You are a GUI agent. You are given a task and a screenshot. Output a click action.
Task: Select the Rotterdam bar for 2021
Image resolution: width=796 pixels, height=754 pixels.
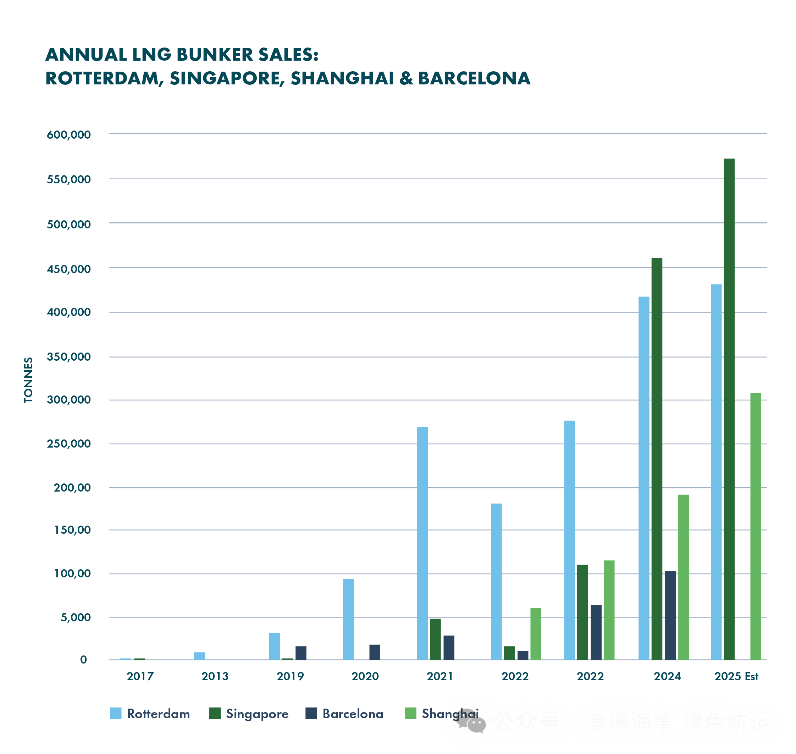[x=422, y=543]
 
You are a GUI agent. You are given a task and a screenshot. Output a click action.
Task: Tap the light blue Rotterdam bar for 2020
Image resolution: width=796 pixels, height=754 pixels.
[x=348, y=619]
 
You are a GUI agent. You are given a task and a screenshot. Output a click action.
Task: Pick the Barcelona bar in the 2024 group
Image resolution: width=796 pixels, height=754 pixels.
[x=670, y=615]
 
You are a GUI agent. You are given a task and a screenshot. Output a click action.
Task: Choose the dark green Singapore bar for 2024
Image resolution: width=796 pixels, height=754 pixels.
[x=657, y=459]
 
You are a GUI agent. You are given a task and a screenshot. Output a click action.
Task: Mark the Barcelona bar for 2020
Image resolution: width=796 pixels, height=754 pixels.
[x=375, y=652]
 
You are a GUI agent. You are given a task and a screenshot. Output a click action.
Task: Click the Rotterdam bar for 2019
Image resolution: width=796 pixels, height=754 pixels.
[x=274, y=646]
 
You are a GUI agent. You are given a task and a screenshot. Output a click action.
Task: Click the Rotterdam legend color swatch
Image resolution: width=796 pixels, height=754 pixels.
[x=116, y=714]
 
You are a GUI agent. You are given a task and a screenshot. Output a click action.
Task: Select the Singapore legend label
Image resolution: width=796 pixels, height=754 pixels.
[x=257, y=714]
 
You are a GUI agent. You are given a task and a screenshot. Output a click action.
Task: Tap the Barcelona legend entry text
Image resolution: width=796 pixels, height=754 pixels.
[x=353, y=714]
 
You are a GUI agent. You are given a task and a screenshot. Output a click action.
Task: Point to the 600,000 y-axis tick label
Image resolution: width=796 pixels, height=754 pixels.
[x=69, y=135]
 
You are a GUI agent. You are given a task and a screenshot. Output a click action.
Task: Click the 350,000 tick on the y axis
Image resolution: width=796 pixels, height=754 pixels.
[x=69, y=356]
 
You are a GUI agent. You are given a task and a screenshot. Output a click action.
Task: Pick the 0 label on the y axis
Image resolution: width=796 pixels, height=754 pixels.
[x=83, y=660]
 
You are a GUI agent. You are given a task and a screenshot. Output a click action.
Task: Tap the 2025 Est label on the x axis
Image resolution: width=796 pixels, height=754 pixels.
[x=736, y=676]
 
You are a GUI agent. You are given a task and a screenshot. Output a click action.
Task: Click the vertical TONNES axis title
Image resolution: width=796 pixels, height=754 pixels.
[x=28, y=380]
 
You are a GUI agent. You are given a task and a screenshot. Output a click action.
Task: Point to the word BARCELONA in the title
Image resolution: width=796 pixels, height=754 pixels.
[x=474, y=78]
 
